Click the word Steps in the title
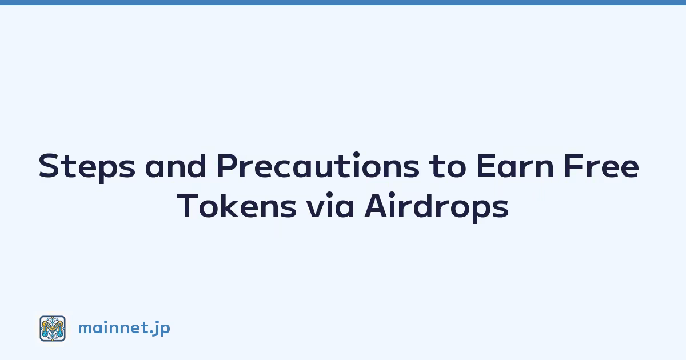pos(87,166)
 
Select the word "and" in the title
pos(176,166)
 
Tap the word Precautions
pos(318,165)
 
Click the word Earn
pos(515,166)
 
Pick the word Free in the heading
pos(601,166)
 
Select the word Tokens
pos(237,206)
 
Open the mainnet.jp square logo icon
pos(53,329)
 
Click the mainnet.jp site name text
pos(124,328)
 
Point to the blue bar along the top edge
pos(343,2)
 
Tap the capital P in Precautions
pos(227,166)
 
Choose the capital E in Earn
pos(485,166)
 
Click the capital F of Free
pos(572,166)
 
